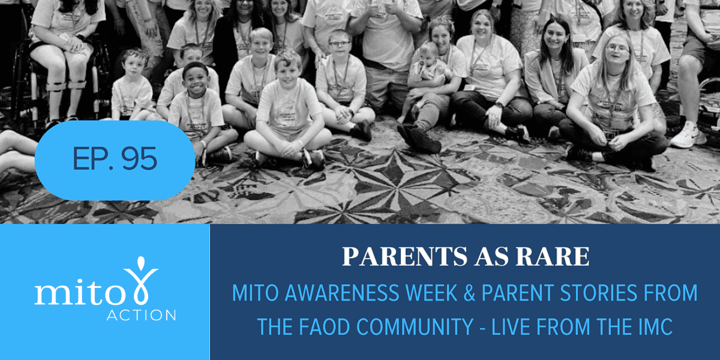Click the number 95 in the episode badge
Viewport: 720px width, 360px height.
pos(139,158)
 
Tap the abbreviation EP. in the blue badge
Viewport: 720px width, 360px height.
pos(94,158)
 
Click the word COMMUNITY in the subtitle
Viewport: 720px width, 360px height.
pos(415,326)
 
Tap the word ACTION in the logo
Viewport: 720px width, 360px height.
pos(141,315)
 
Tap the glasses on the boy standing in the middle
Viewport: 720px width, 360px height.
pos(340,44)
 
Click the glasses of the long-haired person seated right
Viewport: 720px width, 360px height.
pos(617,49)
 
